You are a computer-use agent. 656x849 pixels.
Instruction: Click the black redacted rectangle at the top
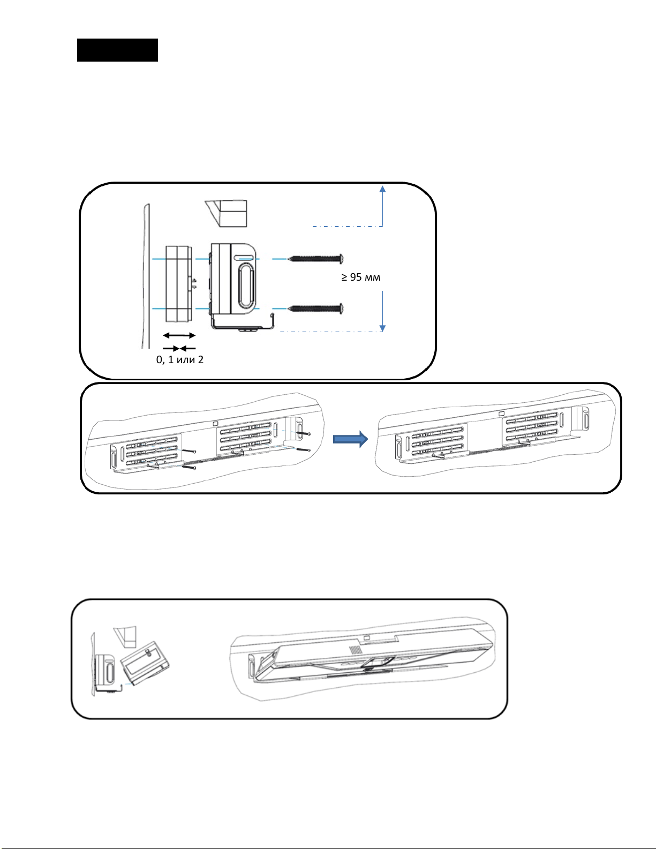pyautogui.click(x=117, y=50)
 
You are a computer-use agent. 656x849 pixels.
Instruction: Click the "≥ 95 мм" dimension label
pyautogui.click(x=361, y=277)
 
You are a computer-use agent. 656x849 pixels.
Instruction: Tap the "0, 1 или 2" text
pyautogui.click(x=180, y=359)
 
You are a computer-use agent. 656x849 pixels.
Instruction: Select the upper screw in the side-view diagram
pyautogui.click(x=315, y=259)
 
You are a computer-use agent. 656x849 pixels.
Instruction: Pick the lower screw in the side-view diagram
pyautogui.click(x=315, y=309)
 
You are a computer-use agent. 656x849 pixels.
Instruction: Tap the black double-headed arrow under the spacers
pyautogui.click(x=179, y=335)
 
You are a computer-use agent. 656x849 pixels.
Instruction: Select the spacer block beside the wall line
pyautogui.click(x=178, y=284)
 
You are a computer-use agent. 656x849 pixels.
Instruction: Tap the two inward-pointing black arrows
pyautogui.click(x=179, y=348)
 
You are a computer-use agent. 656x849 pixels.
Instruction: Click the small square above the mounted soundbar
pyautogui.click(x=367, y=637)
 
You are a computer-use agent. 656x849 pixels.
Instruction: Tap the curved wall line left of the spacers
pyautogui.click(x=145, y=279)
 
